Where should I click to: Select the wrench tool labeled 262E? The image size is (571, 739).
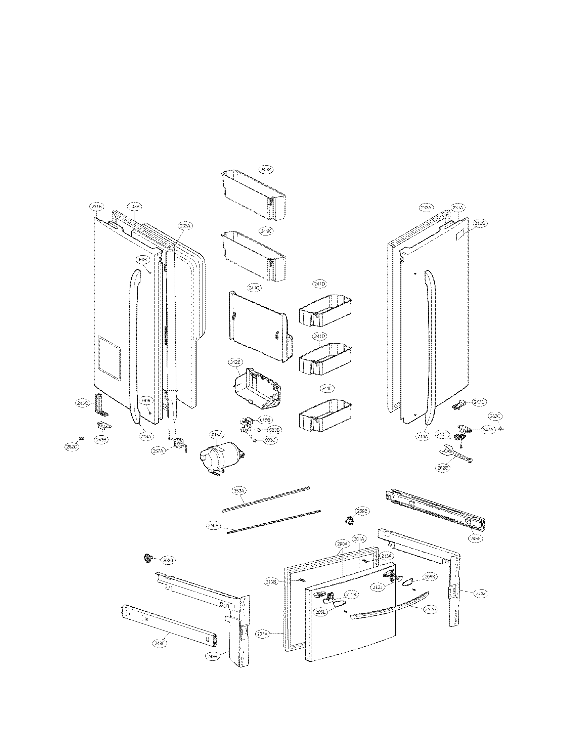455,454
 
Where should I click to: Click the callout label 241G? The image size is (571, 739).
254,288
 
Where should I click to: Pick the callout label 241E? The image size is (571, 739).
326,389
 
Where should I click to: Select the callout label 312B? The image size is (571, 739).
235,362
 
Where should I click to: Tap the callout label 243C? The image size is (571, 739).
82,403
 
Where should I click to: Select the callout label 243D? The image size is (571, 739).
479,402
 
